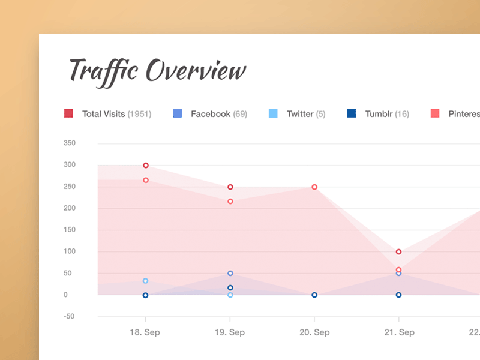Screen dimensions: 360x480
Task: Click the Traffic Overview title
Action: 157,71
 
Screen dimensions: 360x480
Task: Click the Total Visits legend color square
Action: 68,113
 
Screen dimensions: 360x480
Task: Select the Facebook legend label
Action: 210,113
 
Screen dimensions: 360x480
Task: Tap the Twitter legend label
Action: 300,113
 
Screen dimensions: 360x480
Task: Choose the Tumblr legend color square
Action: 352,113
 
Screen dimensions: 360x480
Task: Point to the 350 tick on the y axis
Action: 69,143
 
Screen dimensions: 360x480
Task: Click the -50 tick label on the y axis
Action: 69,316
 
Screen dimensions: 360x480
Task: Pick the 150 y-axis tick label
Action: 69,230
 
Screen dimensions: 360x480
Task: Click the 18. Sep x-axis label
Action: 145,332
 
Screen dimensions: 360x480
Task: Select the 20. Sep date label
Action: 314,332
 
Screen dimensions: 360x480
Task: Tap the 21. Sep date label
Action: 399,332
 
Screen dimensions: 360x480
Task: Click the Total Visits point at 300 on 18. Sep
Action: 146,166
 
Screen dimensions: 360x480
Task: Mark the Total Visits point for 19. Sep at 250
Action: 230,187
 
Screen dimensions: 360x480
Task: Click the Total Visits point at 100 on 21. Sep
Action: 399,252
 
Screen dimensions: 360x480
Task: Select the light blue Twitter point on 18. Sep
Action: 146,281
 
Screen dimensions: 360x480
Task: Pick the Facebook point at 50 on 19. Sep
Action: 230,274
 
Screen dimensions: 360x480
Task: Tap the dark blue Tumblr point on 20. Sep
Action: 314,295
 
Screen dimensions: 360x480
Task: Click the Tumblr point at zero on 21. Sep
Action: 399,295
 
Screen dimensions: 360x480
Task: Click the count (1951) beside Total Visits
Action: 139,113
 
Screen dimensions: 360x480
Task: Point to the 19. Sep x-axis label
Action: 230,332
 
